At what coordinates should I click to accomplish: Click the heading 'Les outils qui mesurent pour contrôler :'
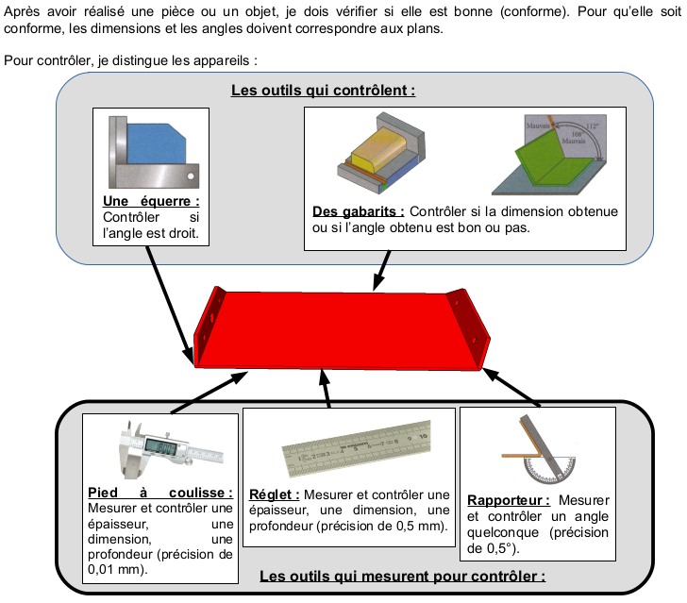coord(401,576)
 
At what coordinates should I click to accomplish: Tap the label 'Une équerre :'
coord(150,202)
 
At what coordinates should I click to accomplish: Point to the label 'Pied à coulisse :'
coord(159,493)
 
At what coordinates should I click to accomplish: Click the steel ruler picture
coord(348,448)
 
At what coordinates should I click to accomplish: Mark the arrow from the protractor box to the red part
coord(515,388)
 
